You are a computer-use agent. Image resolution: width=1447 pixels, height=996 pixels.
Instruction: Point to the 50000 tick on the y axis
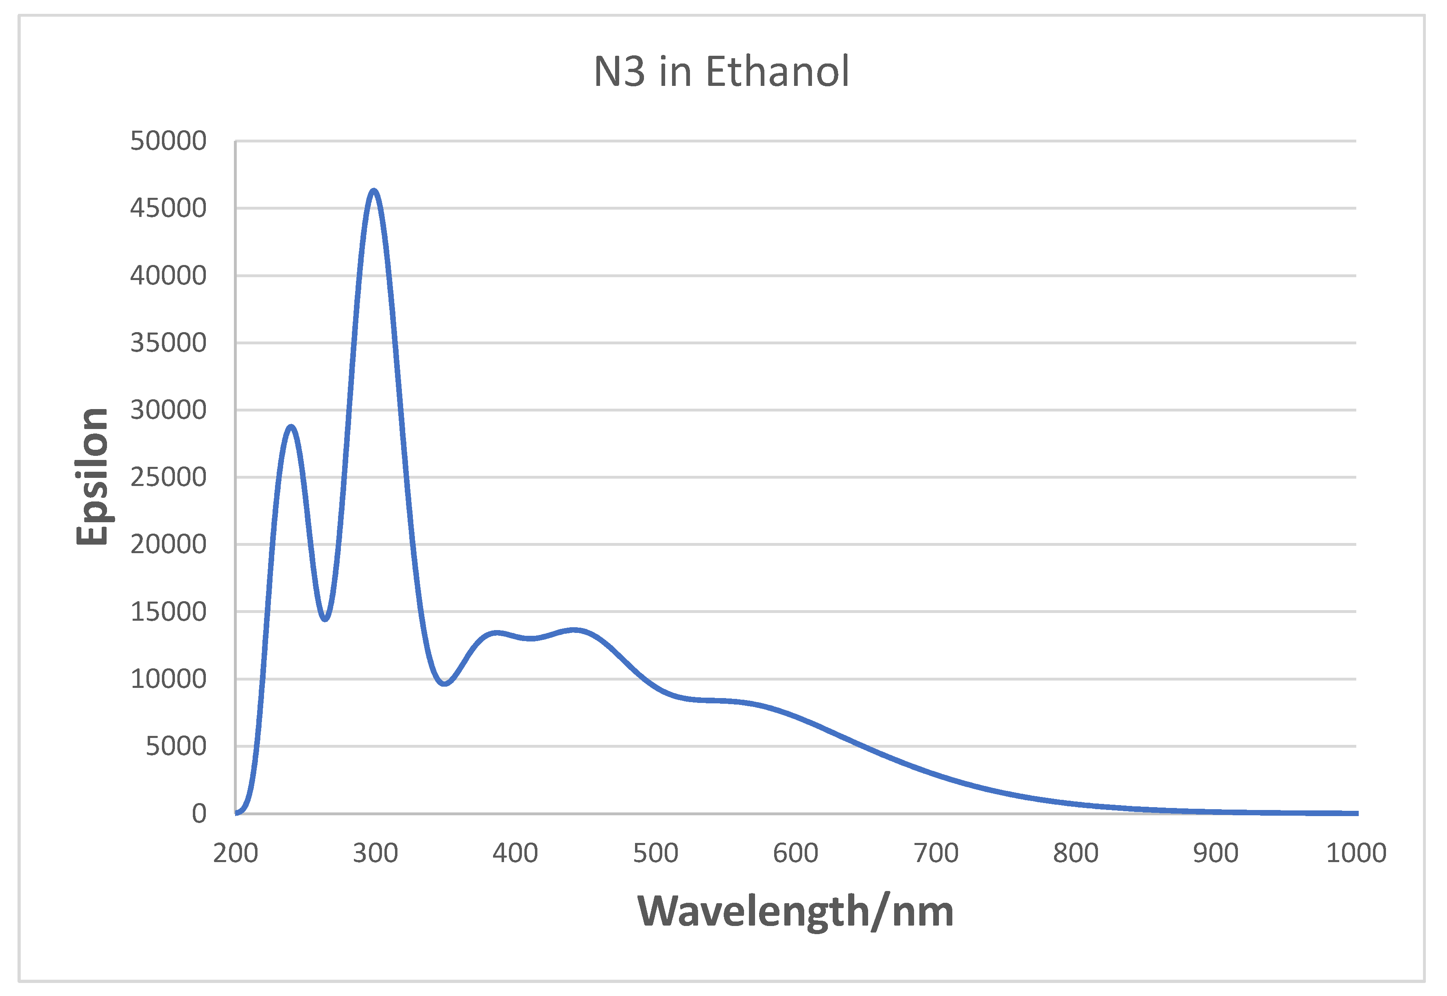(168, 141)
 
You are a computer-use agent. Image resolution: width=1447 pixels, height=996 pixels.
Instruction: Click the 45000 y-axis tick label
(168, 208)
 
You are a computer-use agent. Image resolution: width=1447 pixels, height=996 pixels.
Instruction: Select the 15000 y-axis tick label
(168, 612)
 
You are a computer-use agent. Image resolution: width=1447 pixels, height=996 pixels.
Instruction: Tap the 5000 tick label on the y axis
(175, 747)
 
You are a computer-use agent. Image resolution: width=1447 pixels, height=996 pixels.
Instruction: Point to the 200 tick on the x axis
(236, 854)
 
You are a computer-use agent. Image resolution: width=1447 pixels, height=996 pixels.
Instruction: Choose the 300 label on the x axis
(375, 854)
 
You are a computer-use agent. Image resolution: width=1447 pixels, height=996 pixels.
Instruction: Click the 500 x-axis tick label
(655, 854)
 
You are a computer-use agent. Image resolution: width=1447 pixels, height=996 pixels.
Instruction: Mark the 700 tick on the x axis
(936, 854)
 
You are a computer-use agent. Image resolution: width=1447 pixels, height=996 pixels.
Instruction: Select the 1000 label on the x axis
(1356, 854)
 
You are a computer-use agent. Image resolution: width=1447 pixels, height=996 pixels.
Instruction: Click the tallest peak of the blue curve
(373, 190)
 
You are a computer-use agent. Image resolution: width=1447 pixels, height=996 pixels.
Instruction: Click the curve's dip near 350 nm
(444, 684)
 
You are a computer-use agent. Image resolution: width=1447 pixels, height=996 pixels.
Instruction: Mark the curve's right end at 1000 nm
(1356, 813)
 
